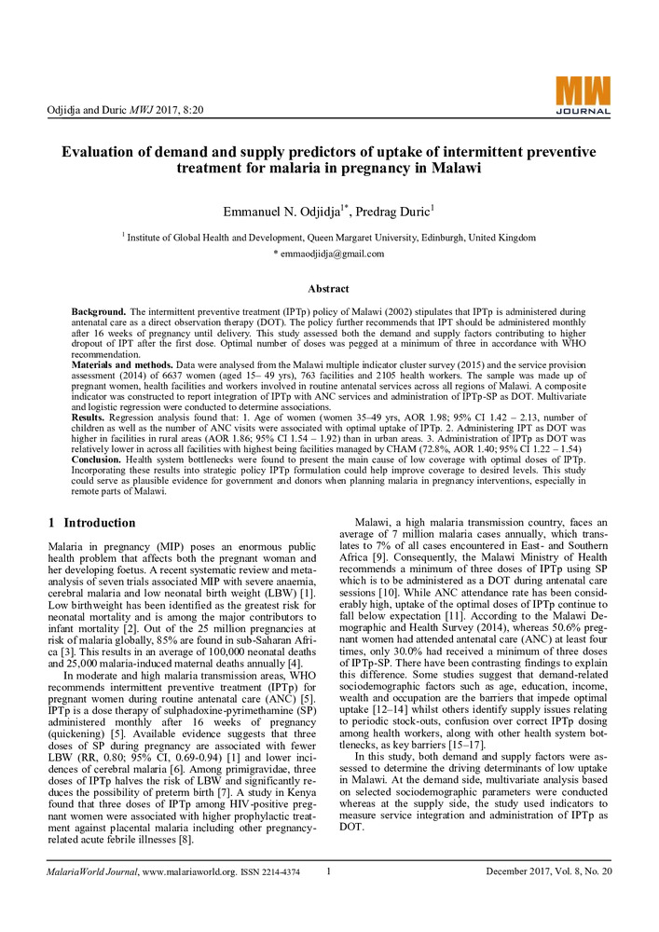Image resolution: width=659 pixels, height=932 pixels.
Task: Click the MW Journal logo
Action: coord(583,96)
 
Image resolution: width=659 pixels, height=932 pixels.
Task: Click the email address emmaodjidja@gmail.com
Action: coord(328,254)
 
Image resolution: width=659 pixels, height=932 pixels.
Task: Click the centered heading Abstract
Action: coord(328,289)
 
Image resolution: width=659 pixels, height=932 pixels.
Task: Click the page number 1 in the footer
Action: coord(330,871)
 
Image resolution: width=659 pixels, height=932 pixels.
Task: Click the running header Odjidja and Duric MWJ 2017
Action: coord(125,110)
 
